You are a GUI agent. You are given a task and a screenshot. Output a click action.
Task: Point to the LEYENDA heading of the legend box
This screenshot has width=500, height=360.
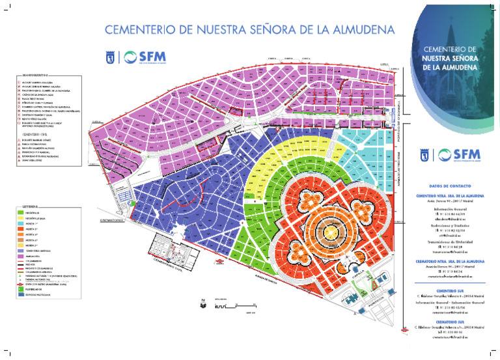(31, 206)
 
